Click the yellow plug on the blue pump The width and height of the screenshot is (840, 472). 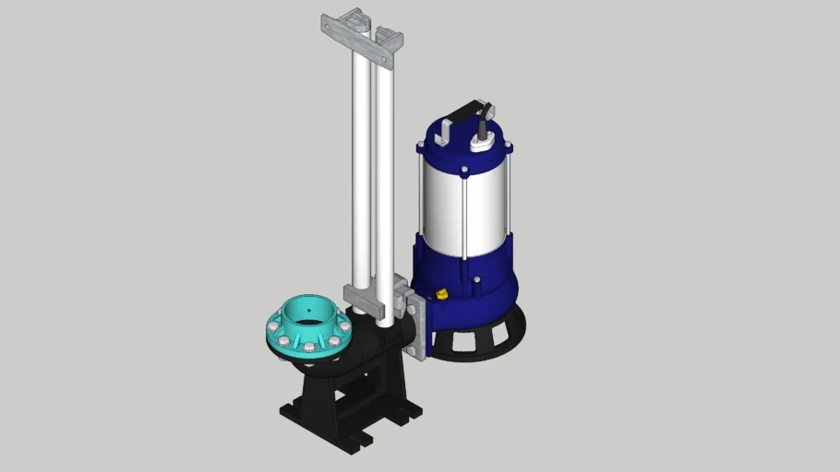pyautogui.click(x=440, y=295)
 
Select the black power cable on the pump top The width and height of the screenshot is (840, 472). pyautogui.click(x=482, y=119)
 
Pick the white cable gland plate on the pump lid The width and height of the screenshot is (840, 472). pyautogui.click(x=481, y=143)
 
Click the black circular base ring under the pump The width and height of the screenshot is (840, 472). pyautogui.click(x=480, y=341)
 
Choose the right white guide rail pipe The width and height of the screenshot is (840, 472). pyautogui.click(x=384, y=175)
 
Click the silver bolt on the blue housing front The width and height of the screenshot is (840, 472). pyautogui.click(x=476, y=281)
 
